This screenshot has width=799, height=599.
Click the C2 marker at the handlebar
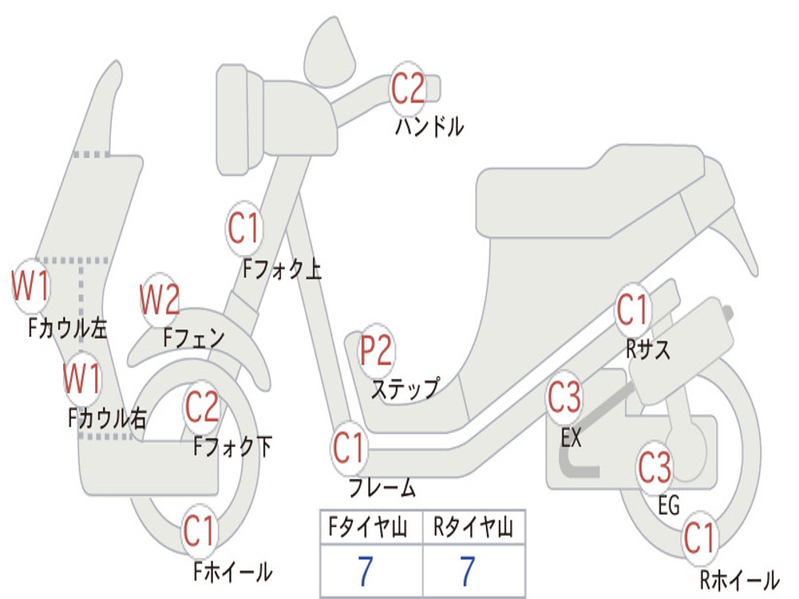[x=407, y=88]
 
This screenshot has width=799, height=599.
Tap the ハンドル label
[x=429, y=126]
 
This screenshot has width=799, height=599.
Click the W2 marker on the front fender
[x=160, y=299]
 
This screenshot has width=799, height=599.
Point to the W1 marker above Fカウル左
[x=31, y=286]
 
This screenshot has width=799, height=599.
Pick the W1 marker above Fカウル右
[x=82, y=380]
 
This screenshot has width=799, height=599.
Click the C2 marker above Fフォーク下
[x=201, y=406]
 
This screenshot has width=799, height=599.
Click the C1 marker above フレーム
[x=349, y=448]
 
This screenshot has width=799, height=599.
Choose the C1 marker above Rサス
[x=632, y=310]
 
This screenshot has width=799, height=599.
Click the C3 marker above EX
[x=564, y=399]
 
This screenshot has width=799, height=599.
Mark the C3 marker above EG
[x=655, y=468]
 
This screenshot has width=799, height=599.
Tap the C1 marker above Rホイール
[x=699, y=538]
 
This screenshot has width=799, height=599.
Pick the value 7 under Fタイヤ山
[x=364, y=572]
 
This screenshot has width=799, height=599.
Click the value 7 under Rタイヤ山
[x=467, y=572]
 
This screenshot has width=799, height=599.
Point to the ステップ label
[x=405, y=388]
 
